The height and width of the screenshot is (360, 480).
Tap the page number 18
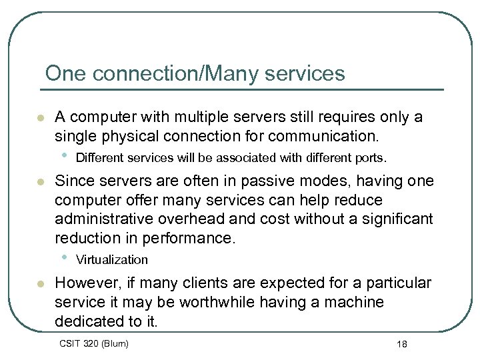click(x=401, y=344)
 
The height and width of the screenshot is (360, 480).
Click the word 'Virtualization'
click(x=112, y=259)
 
